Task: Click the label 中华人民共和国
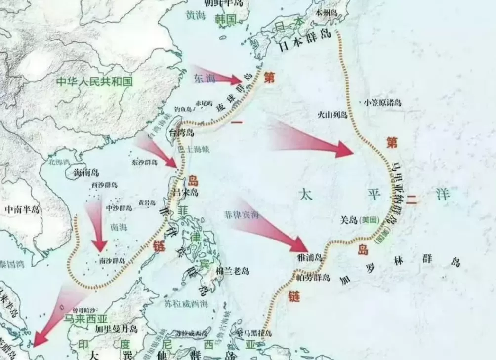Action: (x=94, y=81)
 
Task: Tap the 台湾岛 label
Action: (x=181, y=132)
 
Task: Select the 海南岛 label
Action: (x=86, y=173)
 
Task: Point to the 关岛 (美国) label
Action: (x=360, y=220)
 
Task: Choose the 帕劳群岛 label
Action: (x=313, y=278)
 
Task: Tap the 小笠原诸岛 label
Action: (x=382, y=103)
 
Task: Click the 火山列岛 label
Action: (x=333, y=115)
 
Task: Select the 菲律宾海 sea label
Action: (x=242, y=214)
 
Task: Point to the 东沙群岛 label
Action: (x=145, y=162)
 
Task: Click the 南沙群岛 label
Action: (x=111, y=260)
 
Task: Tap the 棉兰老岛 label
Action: (x=232, y=271)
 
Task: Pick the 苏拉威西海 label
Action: (x=185, y=303)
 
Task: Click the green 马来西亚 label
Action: (x=86, y=319)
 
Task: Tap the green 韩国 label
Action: (x=226, y=19)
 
